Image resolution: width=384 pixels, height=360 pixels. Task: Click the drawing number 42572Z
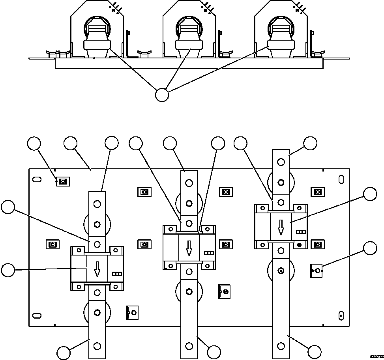click(377, 356)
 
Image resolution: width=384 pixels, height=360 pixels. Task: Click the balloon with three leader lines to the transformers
click(162, 95)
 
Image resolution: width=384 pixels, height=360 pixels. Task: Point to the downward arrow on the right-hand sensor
click(281, 227)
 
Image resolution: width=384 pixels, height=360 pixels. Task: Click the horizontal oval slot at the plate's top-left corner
click(36, 179)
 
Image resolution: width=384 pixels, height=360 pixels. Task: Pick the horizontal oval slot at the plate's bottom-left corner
click(36, 315)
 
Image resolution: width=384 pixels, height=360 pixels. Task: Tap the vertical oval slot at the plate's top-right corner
click(341, 179)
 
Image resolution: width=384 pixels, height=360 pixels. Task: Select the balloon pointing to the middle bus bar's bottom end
click(214, 352)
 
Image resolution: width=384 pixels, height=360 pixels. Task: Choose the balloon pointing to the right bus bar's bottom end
click(315, 352)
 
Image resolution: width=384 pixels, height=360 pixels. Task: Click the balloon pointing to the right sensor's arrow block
click(370, 194)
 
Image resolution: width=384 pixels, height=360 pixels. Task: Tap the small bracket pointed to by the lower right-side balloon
click(317, 270)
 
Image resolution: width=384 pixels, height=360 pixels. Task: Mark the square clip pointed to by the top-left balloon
click(62, 181)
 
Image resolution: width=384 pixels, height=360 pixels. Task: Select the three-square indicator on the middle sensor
click(209, 253)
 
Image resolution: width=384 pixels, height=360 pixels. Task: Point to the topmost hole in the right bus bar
click(281, 162)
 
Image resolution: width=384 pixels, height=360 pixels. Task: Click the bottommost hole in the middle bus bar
click(189, 346)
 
